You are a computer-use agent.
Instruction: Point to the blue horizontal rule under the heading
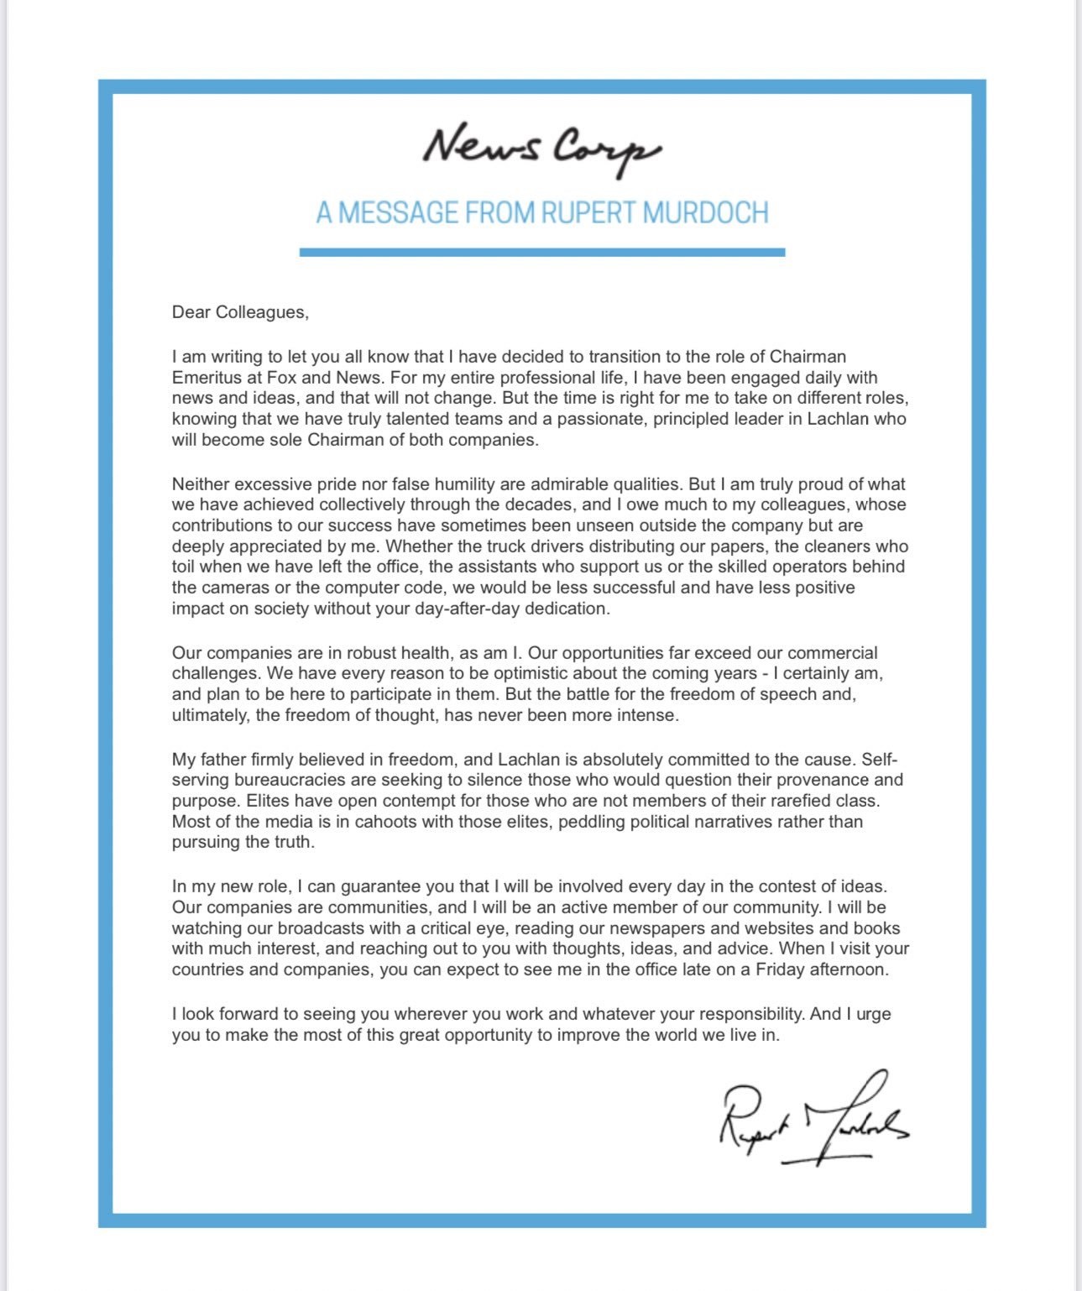pyautogui.click(x=541, y=252)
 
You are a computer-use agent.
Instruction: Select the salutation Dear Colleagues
pyautogui.click(x=240, y=312)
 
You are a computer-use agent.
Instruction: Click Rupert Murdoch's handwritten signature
pyautogui.click(x=813, y=1121)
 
